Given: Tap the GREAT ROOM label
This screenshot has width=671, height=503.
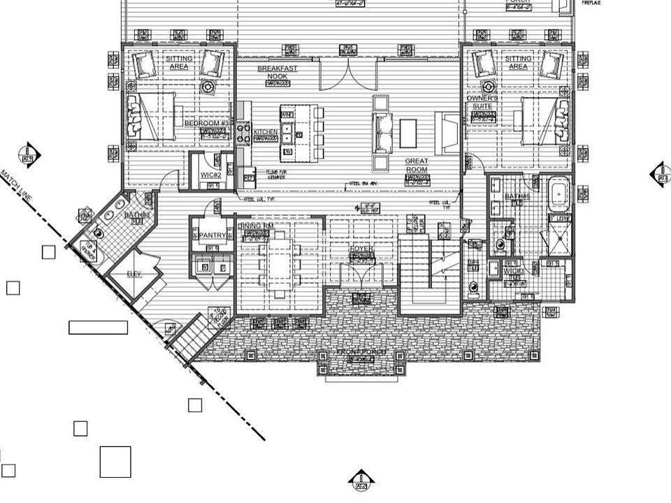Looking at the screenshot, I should click(417, 165).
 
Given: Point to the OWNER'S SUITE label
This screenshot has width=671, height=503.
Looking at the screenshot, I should click(482, 103).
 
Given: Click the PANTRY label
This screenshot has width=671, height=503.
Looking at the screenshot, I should click(211, 235).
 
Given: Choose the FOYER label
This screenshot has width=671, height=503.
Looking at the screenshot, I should click(362, 249).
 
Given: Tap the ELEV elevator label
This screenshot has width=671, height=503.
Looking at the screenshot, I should click(134, 274).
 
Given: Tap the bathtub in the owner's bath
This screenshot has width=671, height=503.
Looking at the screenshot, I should click(558, 194).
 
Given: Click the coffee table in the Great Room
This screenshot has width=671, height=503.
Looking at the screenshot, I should click(408, 133).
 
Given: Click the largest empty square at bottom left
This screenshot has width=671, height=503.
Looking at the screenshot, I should click(115, 461).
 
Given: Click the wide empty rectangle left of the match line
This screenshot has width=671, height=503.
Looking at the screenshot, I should click(98, 326).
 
